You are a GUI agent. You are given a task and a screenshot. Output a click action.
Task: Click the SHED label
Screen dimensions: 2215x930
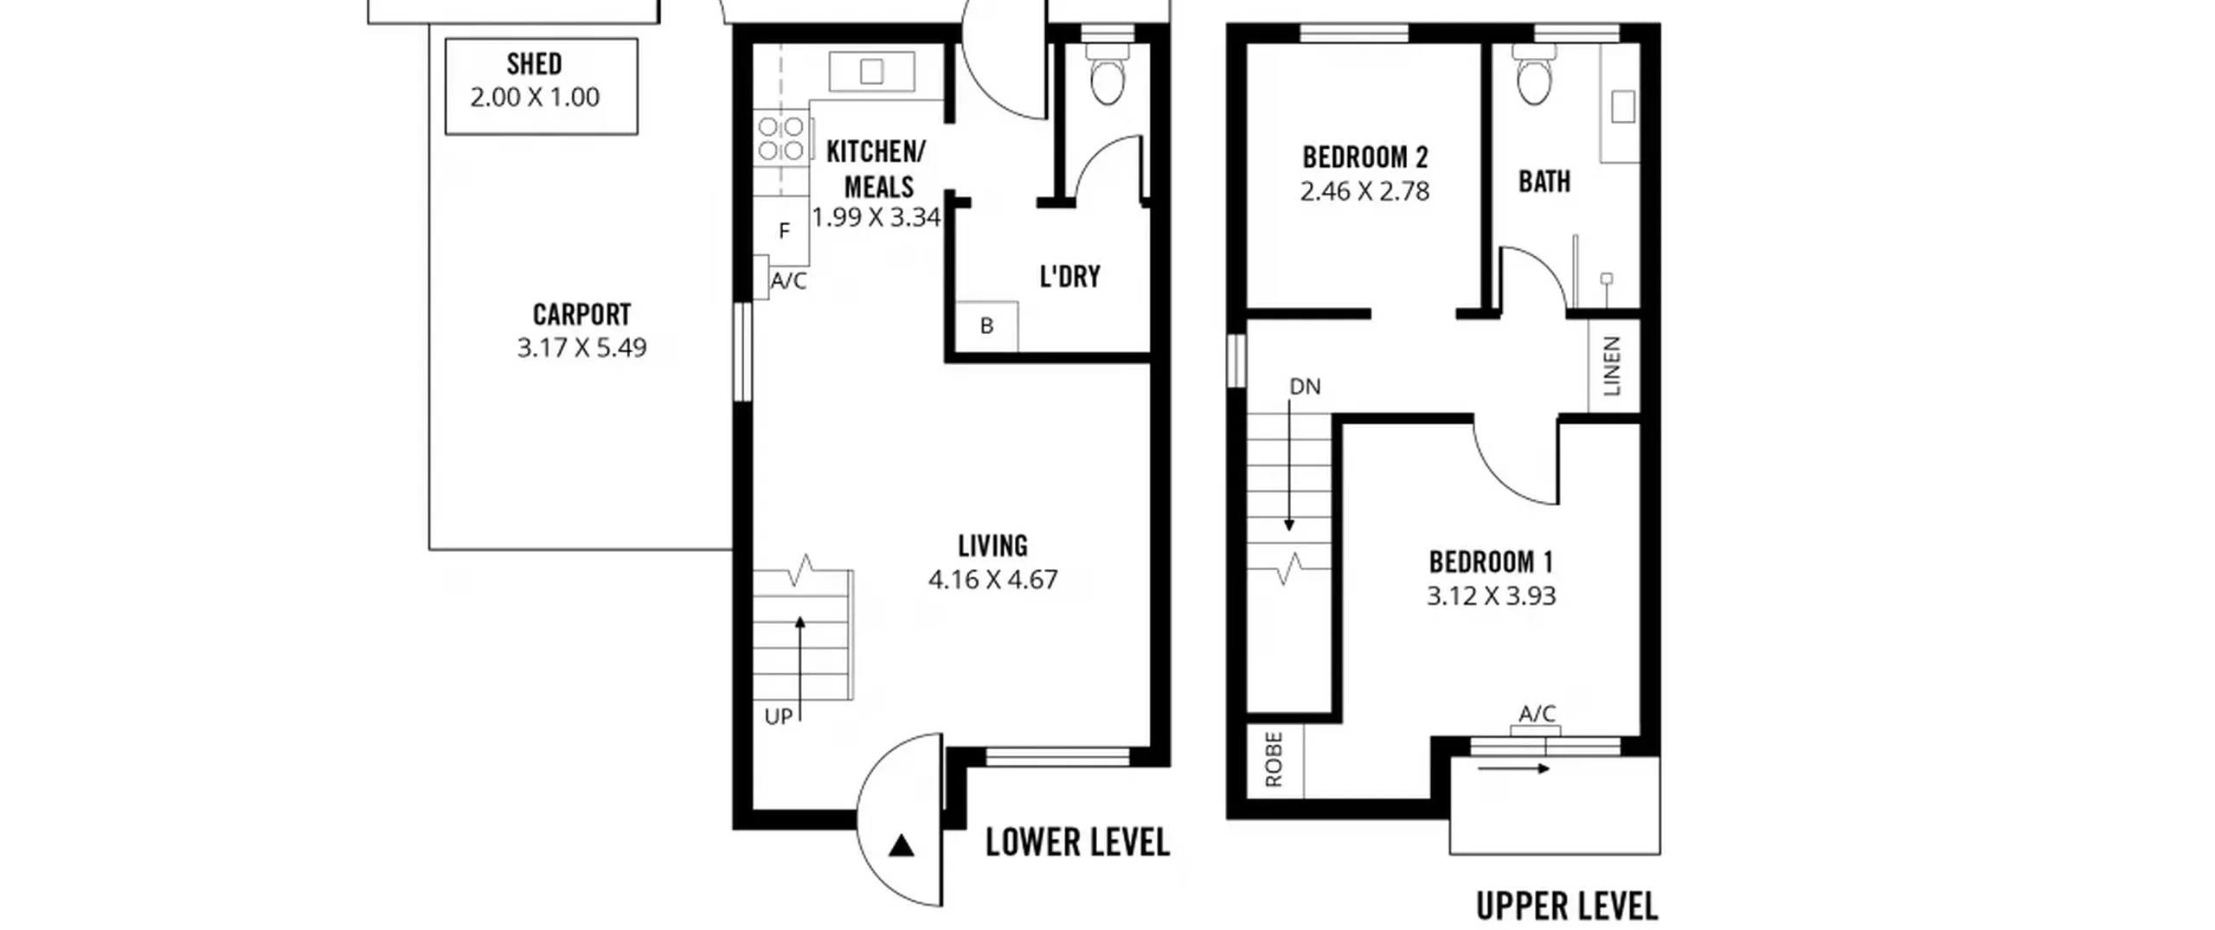(x=534, y=64)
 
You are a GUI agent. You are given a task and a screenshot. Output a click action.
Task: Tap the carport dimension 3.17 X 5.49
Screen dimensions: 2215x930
(x=581, y=348)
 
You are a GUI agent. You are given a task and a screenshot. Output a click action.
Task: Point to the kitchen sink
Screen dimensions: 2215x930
(x=871, y=72)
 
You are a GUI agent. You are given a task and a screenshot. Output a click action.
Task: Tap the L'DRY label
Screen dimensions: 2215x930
(x=1069, y=277)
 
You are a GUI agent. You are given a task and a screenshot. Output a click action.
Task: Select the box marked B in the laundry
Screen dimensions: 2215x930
(x=986, y=326)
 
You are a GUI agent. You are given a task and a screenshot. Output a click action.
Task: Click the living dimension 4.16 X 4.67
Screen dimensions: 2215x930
(x=992, y=580)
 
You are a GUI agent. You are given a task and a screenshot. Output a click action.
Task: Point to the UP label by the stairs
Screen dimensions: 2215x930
(x=778, y=717)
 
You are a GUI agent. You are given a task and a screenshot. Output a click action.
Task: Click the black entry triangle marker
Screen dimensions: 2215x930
(x=902, y=845)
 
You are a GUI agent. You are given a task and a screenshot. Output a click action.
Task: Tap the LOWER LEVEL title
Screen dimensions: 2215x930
(x=1077, y=843)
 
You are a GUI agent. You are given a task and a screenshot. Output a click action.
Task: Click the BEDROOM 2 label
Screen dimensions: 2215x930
(x=1364, y=157)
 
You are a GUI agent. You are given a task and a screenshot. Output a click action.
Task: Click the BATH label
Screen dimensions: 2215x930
(x=1544, y=182)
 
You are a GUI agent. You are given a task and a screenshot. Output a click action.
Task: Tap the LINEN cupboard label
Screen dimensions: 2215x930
(x=1612, y=366)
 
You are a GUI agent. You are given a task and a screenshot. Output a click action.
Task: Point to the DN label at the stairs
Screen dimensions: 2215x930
(x=1305, y=387)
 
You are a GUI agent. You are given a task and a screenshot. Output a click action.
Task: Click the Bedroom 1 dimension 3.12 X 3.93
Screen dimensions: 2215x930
(x=1491, y=596)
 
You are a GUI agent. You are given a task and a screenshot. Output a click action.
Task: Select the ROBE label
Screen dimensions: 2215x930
(x=1274, y=760)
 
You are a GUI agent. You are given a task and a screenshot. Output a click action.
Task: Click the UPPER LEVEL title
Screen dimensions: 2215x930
(x=1567, y=907)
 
